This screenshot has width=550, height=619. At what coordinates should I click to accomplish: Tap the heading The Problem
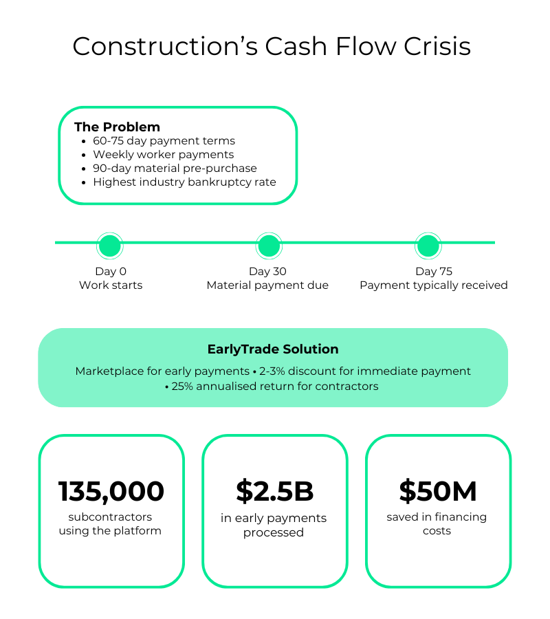pyautogui.click(x=117, y=127)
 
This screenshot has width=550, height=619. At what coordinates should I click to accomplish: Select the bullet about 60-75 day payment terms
pyautogui.click(x=164, y=140)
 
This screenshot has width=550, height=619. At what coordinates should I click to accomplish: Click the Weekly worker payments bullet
pyautogui.click(x=164, y=154)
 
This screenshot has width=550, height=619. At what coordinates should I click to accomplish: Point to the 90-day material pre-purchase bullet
pyautogui.click(x=175, y=169)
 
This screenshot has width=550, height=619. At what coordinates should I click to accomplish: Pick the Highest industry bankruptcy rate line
pyautogui.click(x=184, y=182)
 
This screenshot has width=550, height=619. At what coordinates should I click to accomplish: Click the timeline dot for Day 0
pyautogui.click(x=110, y=246)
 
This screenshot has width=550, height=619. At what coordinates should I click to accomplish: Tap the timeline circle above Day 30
pyautogui.click(x=269, y=246)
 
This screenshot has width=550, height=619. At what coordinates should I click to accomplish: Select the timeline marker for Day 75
pyautogui.click(x=428, y=246)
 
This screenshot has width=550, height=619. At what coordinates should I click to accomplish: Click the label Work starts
pyautogui.click(x=111, y=285)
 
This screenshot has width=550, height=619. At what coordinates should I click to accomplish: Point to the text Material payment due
pyautogui.click(x=267, y=285)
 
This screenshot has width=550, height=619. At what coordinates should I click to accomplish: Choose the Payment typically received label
pyautogui.click(x=434, y=285)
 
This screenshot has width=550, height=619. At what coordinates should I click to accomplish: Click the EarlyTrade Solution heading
pyautogui.click(x=273, y=349)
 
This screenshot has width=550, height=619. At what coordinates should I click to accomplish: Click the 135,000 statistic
pyautogui.click(x=111, y=492)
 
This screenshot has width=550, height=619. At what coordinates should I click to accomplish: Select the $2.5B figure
pyautogui.click(x=275, y=492)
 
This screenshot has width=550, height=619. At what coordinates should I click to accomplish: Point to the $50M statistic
pyautogui.click(x=438, y=492)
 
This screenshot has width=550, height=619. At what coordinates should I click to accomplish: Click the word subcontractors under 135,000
pyautogui.click(x=110, y=517)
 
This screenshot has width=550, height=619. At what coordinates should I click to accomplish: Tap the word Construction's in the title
pyautogui.click(x=165, y=46)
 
